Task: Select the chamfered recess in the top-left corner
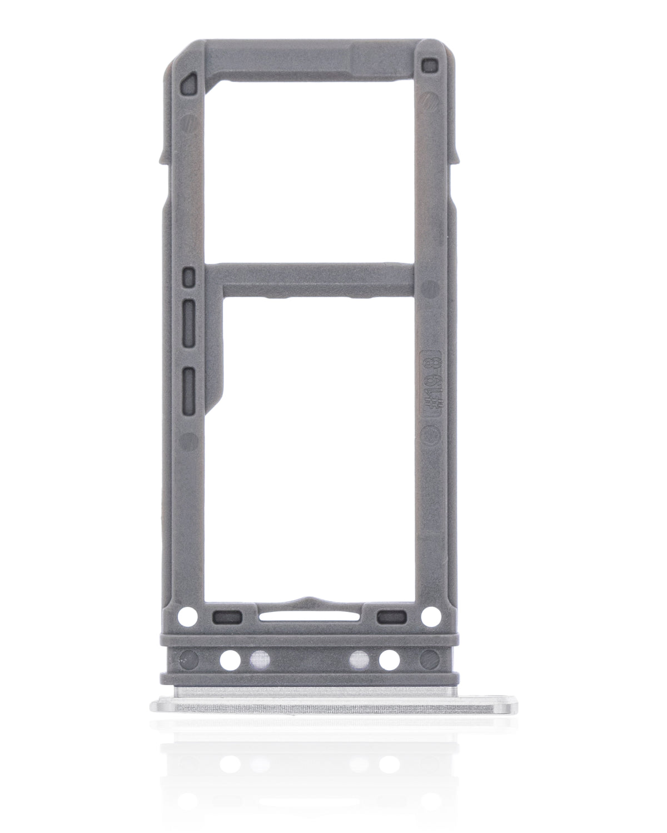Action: [190, 82]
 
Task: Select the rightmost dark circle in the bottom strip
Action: [429, 659]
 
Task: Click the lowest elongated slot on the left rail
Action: [190, 383]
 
